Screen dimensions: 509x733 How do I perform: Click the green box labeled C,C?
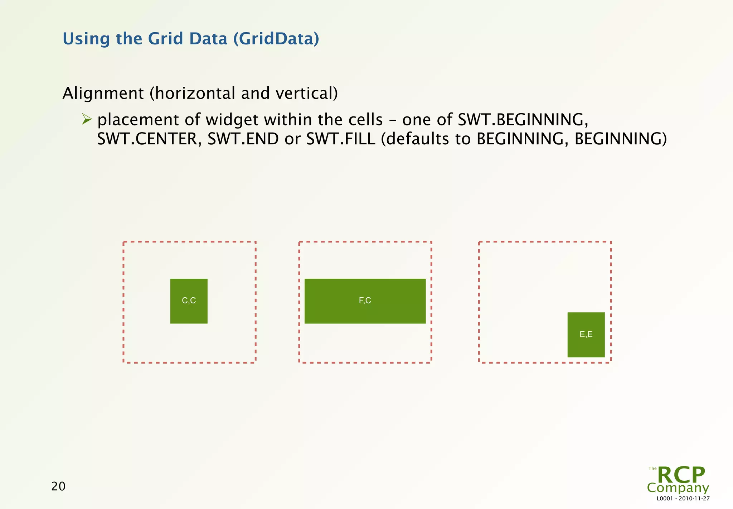[x=189, y=301]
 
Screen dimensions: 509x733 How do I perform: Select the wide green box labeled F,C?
[x=365, y=301]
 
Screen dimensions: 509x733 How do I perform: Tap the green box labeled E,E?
[x=586, y=335]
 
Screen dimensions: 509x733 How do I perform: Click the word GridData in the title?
[x=276, y=39]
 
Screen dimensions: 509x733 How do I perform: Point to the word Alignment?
[x=103, y=93]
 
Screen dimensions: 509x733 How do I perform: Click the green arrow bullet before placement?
[x=87, y=119]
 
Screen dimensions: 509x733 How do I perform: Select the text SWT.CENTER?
[x=147, y=139]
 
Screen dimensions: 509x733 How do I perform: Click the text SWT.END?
[x=243, y=139]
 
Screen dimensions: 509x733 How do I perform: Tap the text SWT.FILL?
[x=341, y=139]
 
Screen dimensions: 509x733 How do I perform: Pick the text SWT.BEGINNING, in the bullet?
[x=523, y=120]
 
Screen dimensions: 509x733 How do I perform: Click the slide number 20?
[x=58, y=486]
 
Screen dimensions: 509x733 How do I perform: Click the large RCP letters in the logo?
[x=681, y=475]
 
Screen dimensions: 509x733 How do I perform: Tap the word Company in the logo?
[x=678, y=488]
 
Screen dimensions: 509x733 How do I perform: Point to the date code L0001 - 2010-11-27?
[x=683, y=499]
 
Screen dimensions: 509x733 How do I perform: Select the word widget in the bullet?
[x=232, y=120]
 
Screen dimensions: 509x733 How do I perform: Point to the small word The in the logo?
[x=652, y=469]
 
